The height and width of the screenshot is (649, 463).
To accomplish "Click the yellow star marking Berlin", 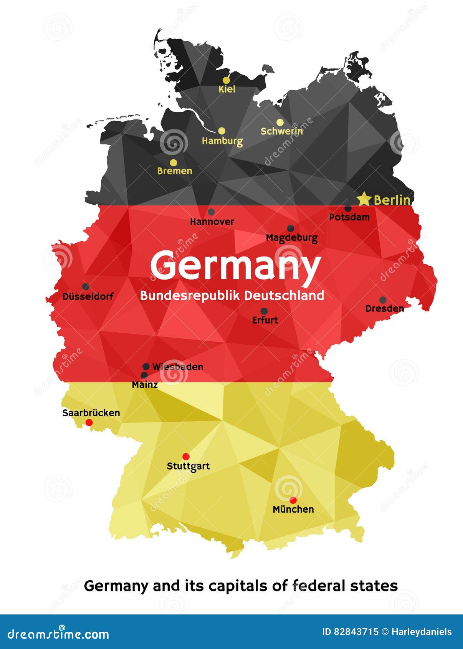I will tap(364, 199).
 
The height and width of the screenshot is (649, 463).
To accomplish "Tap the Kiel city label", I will tap(227, 89).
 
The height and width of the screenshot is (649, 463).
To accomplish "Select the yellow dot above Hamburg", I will tap(222, 131).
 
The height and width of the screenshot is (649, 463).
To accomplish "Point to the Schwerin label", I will tap(282, 131).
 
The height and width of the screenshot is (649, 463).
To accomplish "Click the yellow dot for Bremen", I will tap(174, 162).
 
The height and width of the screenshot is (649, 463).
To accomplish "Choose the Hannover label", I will tap(212, 222).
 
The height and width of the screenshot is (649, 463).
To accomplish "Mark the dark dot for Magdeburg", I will tap(291, 228).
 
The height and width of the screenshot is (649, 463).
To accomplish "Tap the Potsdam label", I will tap(349, 217).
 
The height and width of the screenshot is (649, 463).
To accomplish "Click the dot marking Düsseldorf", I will tap(86, 286).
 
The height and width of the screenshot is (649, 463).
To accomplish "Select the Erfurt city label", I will tap(265, 320).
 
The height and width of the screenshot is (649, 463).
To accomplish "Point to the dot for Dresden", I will tap(383, 300).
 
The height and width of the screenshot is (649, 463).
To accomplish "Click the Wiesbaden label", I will tap(178, 367).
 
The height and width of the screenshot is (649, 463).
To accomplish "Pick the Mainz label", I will tap(145, 384).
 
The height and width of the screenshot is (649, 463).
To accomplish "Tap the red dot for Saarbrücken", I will tap(89, 422).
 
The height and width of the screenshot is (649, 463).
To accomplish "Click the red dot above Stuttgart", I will tap(186, 457).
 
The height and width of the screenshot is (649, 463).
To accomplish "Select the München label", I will tap(293, 509).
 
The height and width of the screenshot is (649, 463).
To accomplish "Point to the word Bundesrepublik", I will tap(190, 295).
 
